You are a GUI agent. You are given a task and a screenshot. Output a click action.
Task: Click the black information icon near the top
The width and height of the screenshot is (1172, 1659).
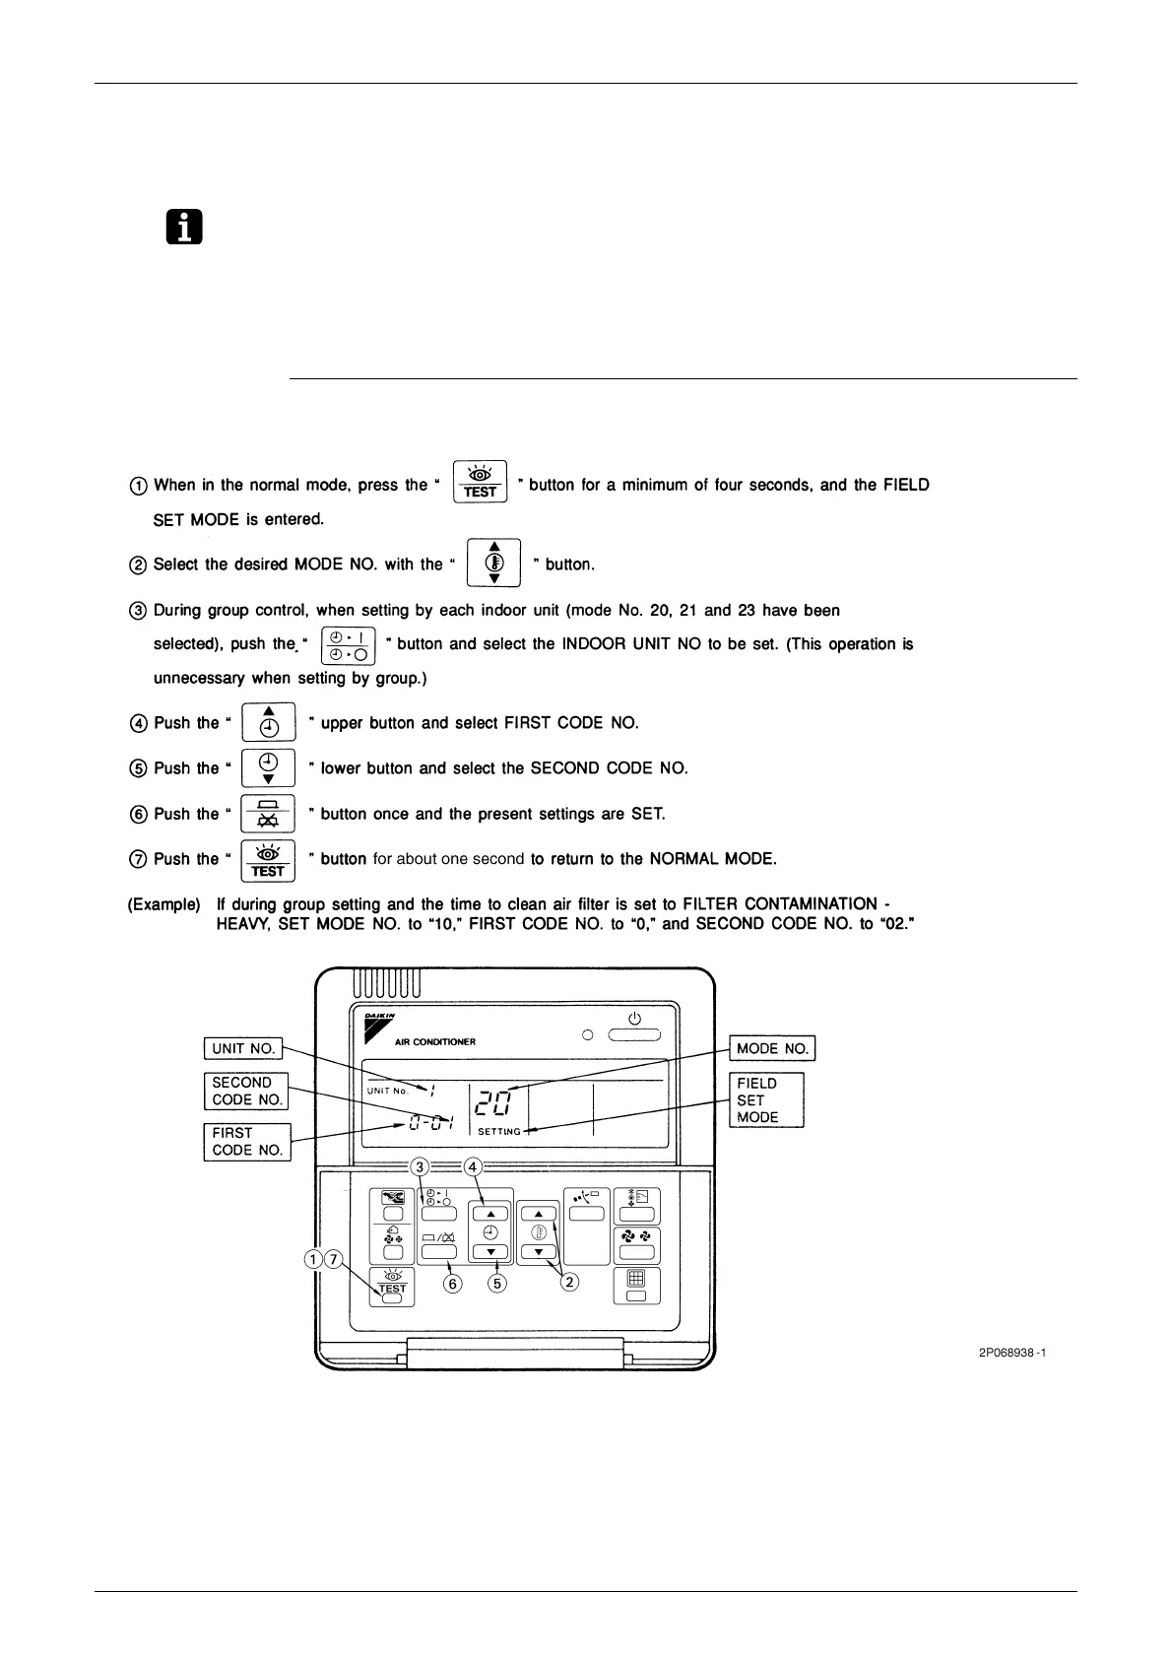click(183, 228)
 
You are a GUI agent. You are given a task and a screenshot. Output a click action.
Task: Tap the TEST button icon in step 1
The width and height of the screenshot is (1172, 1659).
click(480, 482)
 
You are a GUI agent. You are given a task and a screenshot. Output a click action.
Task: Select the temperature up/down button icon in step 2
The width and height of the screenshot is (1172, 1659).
click(494, 563)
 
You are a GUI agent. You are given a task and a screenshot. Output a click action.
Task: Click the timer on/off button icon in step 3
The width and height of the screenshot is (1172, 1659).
click(349, 645)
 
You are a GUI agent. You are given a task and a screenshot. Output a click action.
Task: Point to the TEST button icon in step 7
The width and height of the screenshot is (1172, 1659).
click(268, 860)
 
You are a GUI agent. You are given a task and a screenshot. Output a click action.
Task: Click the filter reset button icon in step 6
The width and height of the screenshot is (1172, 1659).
click(268, 814)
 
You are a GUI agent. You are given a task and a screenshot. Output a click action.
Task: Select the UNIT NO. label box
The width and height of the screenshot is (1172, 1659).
click(243, 1048)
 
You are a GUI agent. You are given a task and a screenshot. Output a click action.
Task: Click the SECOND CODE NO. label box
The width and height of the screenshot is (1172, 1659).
click(246, 1091)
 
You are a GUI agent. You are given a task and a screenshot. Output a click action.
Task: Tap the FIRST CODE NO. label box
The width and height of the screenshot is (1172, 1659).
click(246, 1142)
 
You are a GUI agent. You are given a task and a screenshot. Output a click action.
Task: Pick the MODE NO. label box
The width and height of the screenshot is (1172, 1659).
click(772, 1048)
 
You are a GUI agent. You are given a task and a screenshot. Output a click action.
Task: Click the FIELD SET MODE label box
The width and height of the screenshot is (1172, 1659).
click(766, 1099)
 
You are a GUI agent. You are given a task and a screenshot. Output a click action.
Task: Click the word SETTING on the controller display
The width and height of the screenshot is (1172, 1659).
click(499, 1132)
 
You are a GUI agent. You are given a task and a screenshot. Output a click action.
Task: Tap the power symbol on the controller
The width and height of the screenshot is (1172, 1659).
click(634, 1019)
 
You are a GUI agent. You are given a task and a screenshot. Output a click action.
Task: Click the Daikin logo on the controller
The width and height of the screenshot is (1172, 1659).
click(377, 1027)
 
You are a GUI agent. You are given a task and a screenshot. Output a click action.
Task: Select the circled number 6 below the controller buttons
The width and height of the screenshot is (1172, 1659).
click(454, 1283)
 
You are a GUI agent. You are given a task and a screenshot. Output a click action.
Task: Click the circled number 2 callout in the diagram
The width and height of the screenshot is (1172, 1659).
click(569, 1282)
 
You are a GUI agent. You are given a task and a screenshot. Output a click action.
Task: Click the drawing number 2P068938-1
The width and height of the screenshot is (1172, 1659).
click(1011, 1353)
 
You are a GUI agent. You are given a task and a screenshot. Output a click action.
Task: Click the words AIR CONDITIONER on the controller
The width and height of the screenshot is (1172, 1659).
click(435, 1041)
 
